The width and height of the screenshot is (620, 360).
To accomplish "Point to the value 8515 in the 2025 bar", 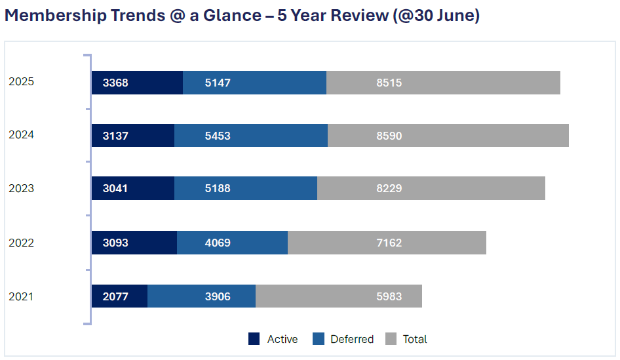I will (x=389, y=83).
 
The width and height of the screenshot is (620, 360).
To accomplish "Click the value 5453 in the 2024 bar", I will (x=217, y=136).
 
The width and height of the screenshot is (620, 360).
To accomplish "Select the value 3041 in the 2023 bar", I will (x=115, y=188).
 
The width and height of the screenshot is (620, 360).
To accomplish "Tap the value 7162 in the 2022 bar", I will (x=389, y=243).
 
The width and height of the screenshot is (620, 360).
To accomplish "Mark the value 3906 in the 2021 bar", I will (x=217, y=296).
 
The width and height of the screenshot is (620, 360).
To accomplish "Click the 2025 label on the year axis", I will (x=21, y=82).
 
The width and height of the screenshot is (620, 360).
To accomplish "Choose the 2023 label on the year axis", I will (x=21, y=188).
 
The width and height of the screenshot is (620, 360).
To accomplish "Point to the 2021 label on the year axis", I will (x=21, y=296).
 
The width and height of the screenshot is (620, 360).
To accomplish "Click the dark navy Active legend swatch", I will (x=254, y=339).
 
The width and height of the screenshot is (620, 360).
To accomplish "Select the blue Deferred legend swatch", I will (x=319, y=339).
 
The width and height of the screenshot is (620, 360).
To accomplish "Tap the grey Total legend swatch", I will (x=391, y=339).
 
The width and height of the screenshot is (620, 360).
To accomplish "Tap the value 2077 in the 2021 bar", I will (x=115, y=296).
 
